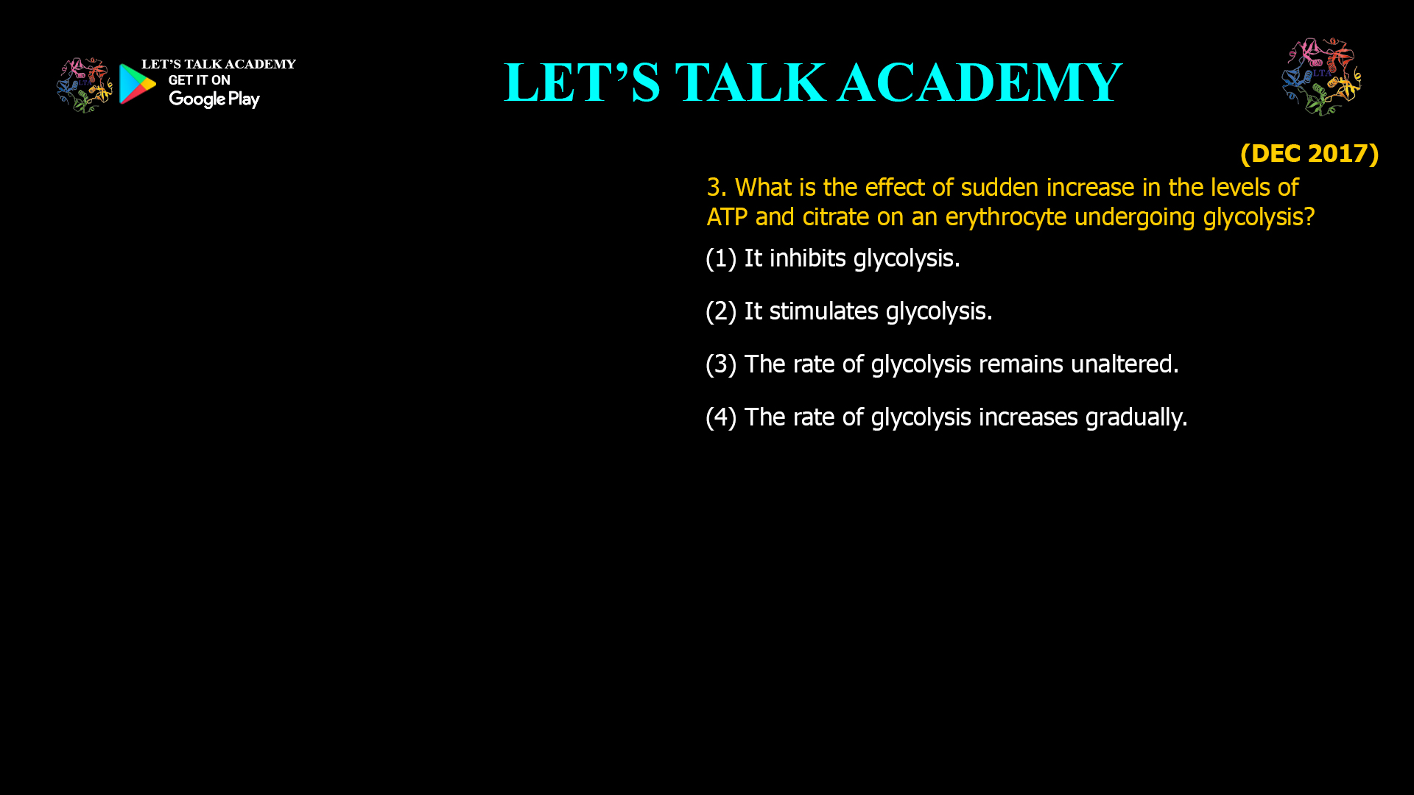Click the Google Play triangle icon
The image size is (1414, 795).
pos(137,84)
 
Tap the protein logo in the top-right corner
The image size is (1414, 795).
pos(1321,77)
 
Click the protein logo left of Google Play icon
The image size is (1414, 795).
pos(85,85)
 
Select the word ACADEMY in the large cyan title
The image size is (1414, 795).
pos(979,82)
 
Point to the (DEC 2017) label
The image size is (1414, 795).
pos(1309,153)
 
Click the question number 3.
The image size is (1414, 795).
pos(714,188)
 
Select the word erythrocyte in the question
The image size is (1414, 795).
pos(1005,217)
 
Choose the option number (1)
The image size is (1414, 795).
pos(721,258)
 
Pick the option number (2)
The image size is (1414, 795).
pos(721,311)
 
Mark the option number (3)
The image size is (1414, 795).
pos(721,364)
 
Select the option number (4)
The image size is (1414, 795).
pos(721,417)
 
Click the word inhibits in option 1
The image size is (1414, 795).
pos(807,258)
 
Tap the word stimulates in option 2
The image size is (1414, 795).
pos(823,311)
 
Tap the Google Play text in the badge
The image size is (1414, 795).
pos(214,99)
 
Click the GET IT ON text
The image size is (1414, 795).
pos(199,80)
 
